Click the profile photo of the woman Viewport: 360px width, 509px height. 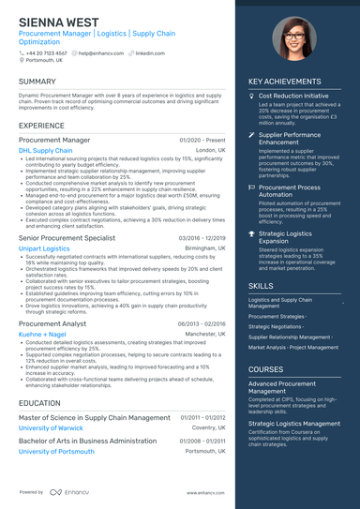[292, 39]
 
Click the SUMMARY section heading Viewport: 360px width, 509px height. [37, 82]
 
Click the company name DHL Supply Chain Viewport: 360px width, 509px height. [45, 150]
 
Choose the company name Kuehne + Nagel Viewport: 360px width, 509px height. [42, 333]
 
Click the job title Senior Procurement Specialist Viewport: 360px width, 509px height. [67, 238]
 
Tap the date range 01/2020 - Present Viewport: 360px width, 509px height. [202, 140]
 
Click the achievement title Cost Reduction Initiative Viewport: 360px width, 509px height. [293, 95]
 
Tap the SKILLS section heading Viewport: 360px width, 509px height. [262, 285]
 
